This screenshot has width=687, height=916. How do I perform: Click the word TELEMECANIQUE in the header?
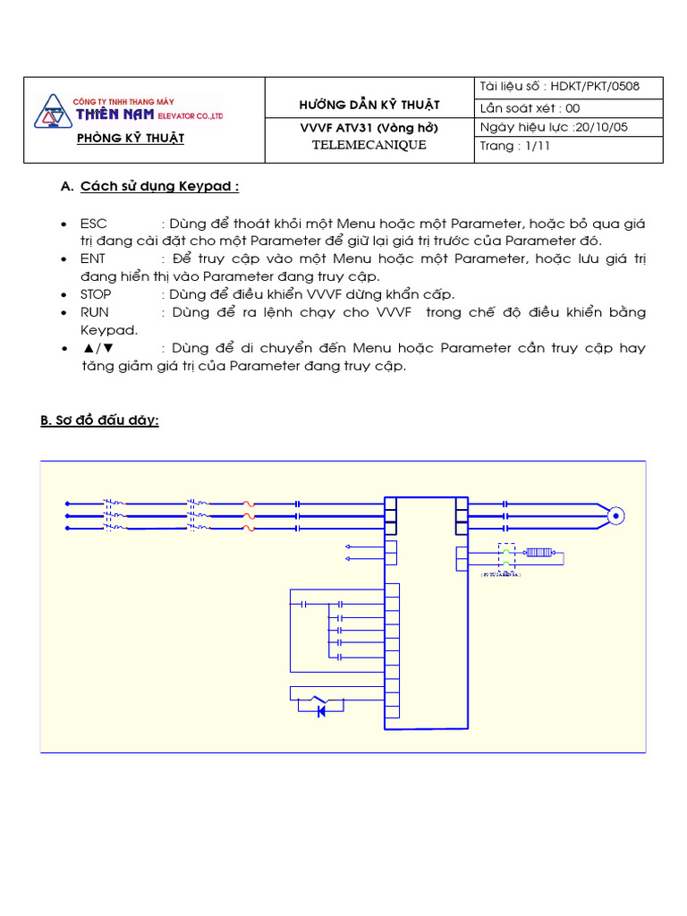(369, 145)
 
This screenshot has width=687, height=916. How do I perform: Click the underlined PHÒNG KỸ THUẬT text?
(131, 138)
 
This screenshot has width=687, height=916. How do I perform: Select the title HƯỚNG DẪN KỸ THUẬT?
(369, 106)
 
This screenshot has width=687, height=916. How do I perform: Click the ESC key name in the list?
(93, 223)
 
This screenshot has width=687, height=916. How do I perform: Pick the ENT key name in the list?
(93, 259)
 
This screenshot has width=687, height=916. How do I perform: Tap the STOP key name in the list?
(97, 294)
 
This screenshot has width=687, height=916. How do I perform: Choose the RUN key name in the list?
(94, 312)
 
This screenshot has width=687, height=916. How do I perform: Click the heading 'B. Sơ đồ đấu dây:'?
(99, 420)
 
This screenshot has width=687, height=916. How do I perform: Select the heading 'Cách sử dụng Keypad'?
(159, 187)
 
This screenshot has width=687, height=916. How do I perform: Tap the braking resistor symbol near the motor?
(538, 553)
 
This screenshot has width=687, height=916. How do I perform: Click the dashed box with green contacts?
(506, 556)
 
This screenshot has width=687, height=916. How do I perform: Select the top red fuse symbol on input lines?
(249, 504)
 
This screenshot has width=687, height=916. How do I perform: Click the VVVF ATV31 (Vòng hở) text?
(369, 127)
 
